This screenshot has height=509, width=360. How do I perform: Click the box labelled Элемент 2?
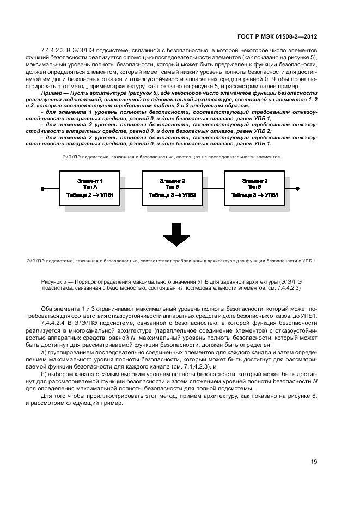(x=172, y=188)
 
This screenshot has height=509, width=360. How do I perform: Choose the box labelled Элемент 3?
(x=254, y=188)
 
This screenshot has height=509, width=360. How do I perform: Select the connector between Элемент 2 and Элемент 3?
(x=213, y=188)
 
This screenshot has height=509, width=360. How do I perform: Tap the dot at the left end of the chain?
(x=42, y=188)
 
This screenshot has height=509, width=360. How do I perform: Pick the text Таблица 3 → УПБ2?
(x=172, y=194)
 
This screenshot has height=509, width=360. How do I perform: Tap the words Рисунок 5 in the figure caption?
(x=53, y=281)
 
